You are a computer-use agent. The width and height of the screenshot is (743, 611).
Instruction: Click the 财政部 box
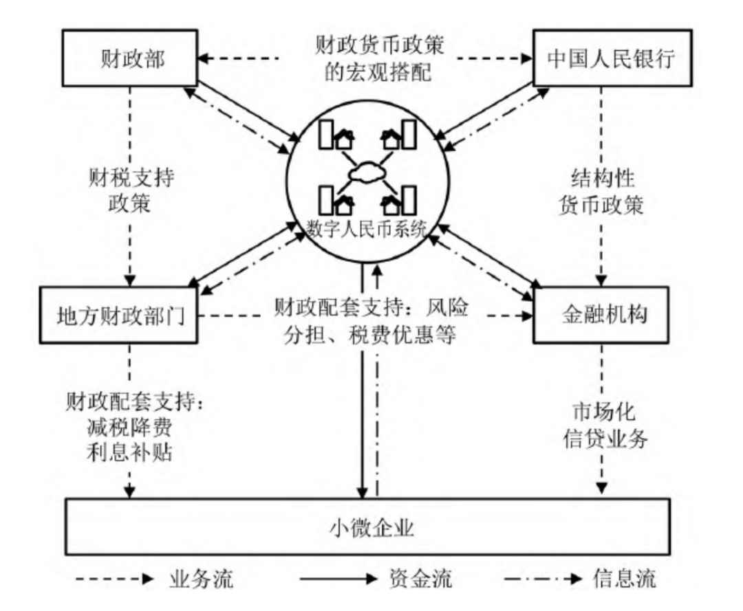point(129,60)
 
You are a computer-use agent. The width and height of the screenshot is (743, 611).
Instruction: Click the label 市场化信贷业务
point(602,426)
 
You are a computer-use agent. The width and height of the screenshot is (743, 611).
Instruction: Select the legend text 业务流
point(201,579)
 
